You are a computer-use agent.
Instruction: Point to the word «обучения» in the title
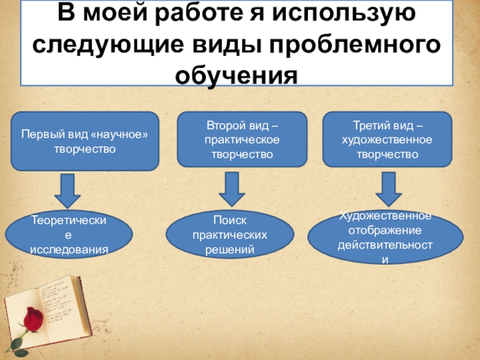tap(236, 75)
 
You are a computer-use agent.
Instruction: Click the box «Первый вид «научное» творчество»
tap(85, 142)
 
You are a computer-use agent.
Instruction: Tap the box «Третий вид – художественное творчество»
tap(386, 139)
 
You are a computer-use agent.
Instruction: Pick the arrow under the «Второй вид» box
tap(231, 191)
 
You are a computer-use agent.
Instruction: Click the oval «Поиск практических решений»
tap(230, 234)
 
